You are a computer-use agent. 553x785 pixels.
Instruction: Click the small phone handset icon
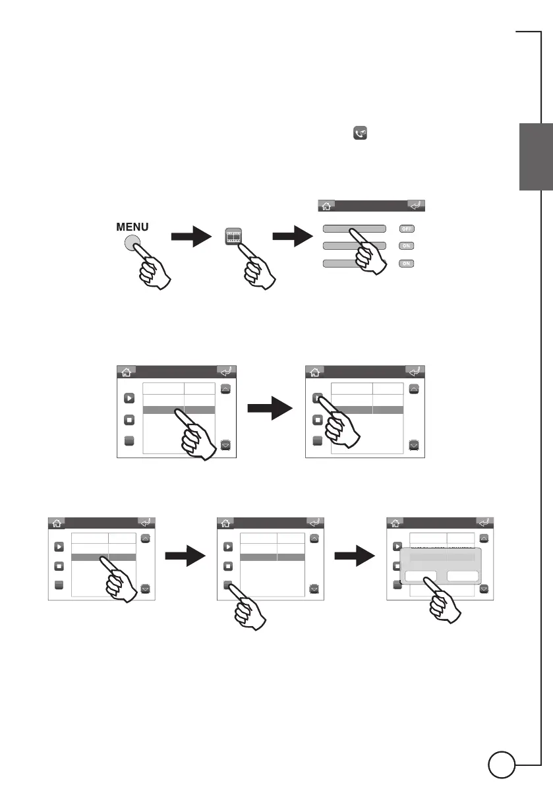[x=360, y=134]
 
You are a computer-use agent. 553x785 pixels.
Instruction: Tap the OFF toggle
[x=407, y=228]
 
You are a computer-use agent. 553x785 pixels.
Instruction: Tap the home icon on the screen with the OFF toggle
[x=326, y=206]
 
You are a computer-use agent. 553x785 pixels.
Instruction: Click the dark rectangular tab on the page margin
[x=535, y=157]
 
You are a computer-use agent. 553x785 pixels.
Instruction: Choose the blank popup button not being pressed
[x=463, y=577]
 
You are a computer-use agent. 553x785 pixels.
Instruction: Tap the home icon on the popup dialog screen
[x=394, y=523]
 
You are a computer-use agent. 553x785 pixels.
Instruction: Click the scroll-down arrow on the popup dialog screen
[x=484, y=589]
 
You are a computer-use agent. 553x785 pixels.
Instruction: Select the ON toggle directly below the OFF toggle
[x=407, y=246]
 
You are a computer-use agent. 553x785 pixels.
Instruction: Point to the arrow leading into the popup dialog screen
[x=355, y=558]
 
